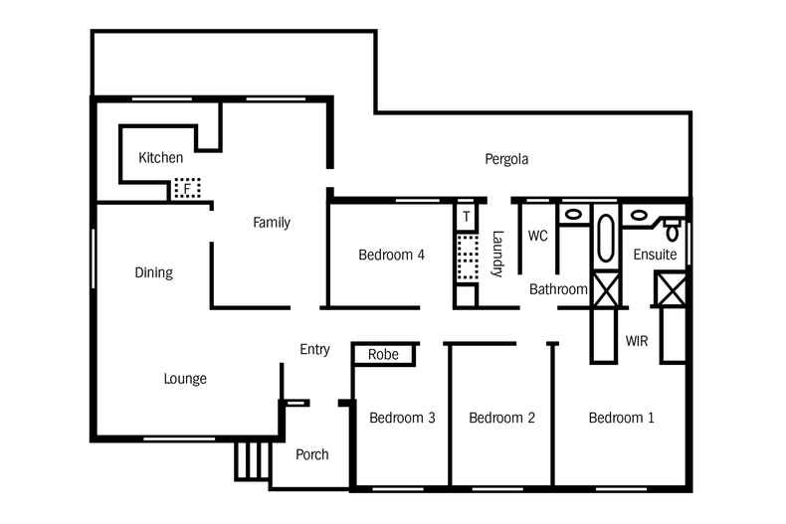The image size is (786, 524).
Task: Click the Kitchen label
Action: [x=160, y=157]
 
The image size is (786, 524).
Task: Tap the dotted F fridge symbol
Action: [x=186, y=188]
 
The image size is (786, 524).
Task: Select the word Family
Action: [x=271, y=223]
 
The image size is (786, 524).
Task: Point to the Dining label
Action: [x=153, y=272]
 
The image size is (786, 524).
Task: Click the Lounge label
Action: [x=185, y=379]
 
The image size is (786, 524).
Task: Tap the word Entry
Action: [x=314, y=349]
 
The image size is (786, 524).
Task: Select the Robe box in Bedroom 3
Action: [x=383, y=355]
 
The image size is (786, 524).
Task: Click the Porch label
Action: [x=312, y=454]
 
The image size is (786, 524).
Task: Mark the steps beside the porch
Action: [x=253, y=460]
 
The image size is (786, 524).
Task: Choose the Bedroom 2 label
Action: [x=501, y=418]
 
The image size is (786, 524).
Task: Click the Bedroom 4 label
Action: [x=391, y=255]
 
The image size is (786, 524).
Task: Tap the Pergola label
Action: [x=505, y=159]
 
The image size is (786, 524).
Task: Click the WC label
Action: [x=537, y=236]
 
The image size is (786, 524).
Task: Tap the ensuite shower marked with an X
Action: [x=668, y=289]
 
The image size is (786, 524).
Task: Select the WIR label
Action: [x=637, y=341]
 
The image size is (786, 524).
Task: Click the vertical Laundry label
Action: [x=497, y=254]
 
